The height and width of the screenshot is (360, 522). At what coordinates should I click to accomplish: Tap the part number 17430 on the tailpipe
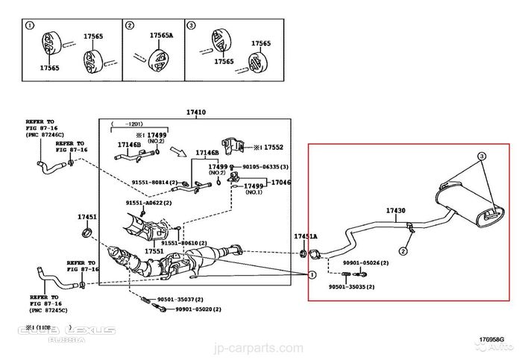pos(396,211)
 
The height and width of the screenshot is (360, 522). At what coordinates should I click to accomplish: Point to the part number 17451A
pos(305,236)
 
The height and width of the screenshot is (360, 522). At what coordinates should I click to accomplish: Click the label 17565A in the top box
pos(161,35)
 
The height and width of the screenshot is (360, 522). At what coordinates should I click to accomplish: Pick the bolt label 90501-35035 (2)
pos(351,287)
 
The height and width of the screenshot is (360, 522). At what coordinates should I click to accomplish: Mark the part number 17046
pos(280,182)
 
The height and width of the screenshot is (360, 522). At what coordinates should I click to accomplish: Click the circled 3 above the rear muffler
pos(482,156)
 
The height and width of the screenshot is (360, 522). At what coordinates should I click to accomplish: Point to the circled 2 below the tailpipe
pos(402,250)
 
